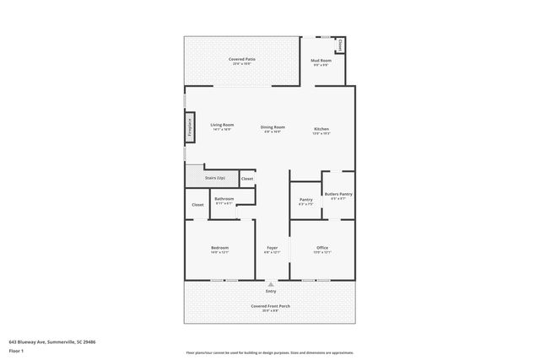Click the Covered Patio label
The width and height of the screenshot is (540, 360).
click(x=242, y=59)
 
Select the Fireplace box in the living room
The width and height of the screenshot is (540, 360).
click(x=190, y=128)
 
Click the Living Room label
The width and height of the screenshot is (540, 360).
click(x=222, y=125)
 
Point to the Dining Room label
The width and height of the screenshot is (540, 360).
click(x=273, y=126)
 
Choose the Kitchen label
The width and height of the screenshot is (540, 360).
click(x=321, y=126)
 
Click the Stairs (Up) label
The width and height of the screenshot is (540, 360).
click(x=215, y=179)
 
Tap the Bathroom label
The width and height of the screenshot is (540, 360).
click(x=224, y=199)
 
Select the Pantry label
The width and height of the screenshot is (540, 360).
click(x=305, y=200)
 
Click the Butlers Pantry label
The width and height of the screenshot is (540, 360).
click(x=338, y=194)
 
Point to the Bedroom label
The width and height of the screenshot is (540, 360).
click(x=219, y=248)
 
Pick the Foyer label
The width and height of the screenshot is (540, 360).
click(x=272, y=248)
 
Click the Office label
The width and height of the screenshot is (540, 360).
click(x=322, y=248)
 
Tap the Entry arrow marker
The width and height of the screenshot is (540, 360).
click(x=270, y=285)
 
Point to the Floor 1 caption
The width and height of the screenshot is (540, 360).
click(x=16, y=350)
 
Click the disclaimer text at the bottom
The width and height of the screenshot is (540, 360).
click(x=270, y=352)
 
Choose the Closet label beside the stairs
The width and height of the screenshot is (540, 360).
click(x=246, y=179)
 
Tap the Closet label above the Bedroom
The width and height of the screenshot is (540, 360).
click(x=197, y=204)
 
